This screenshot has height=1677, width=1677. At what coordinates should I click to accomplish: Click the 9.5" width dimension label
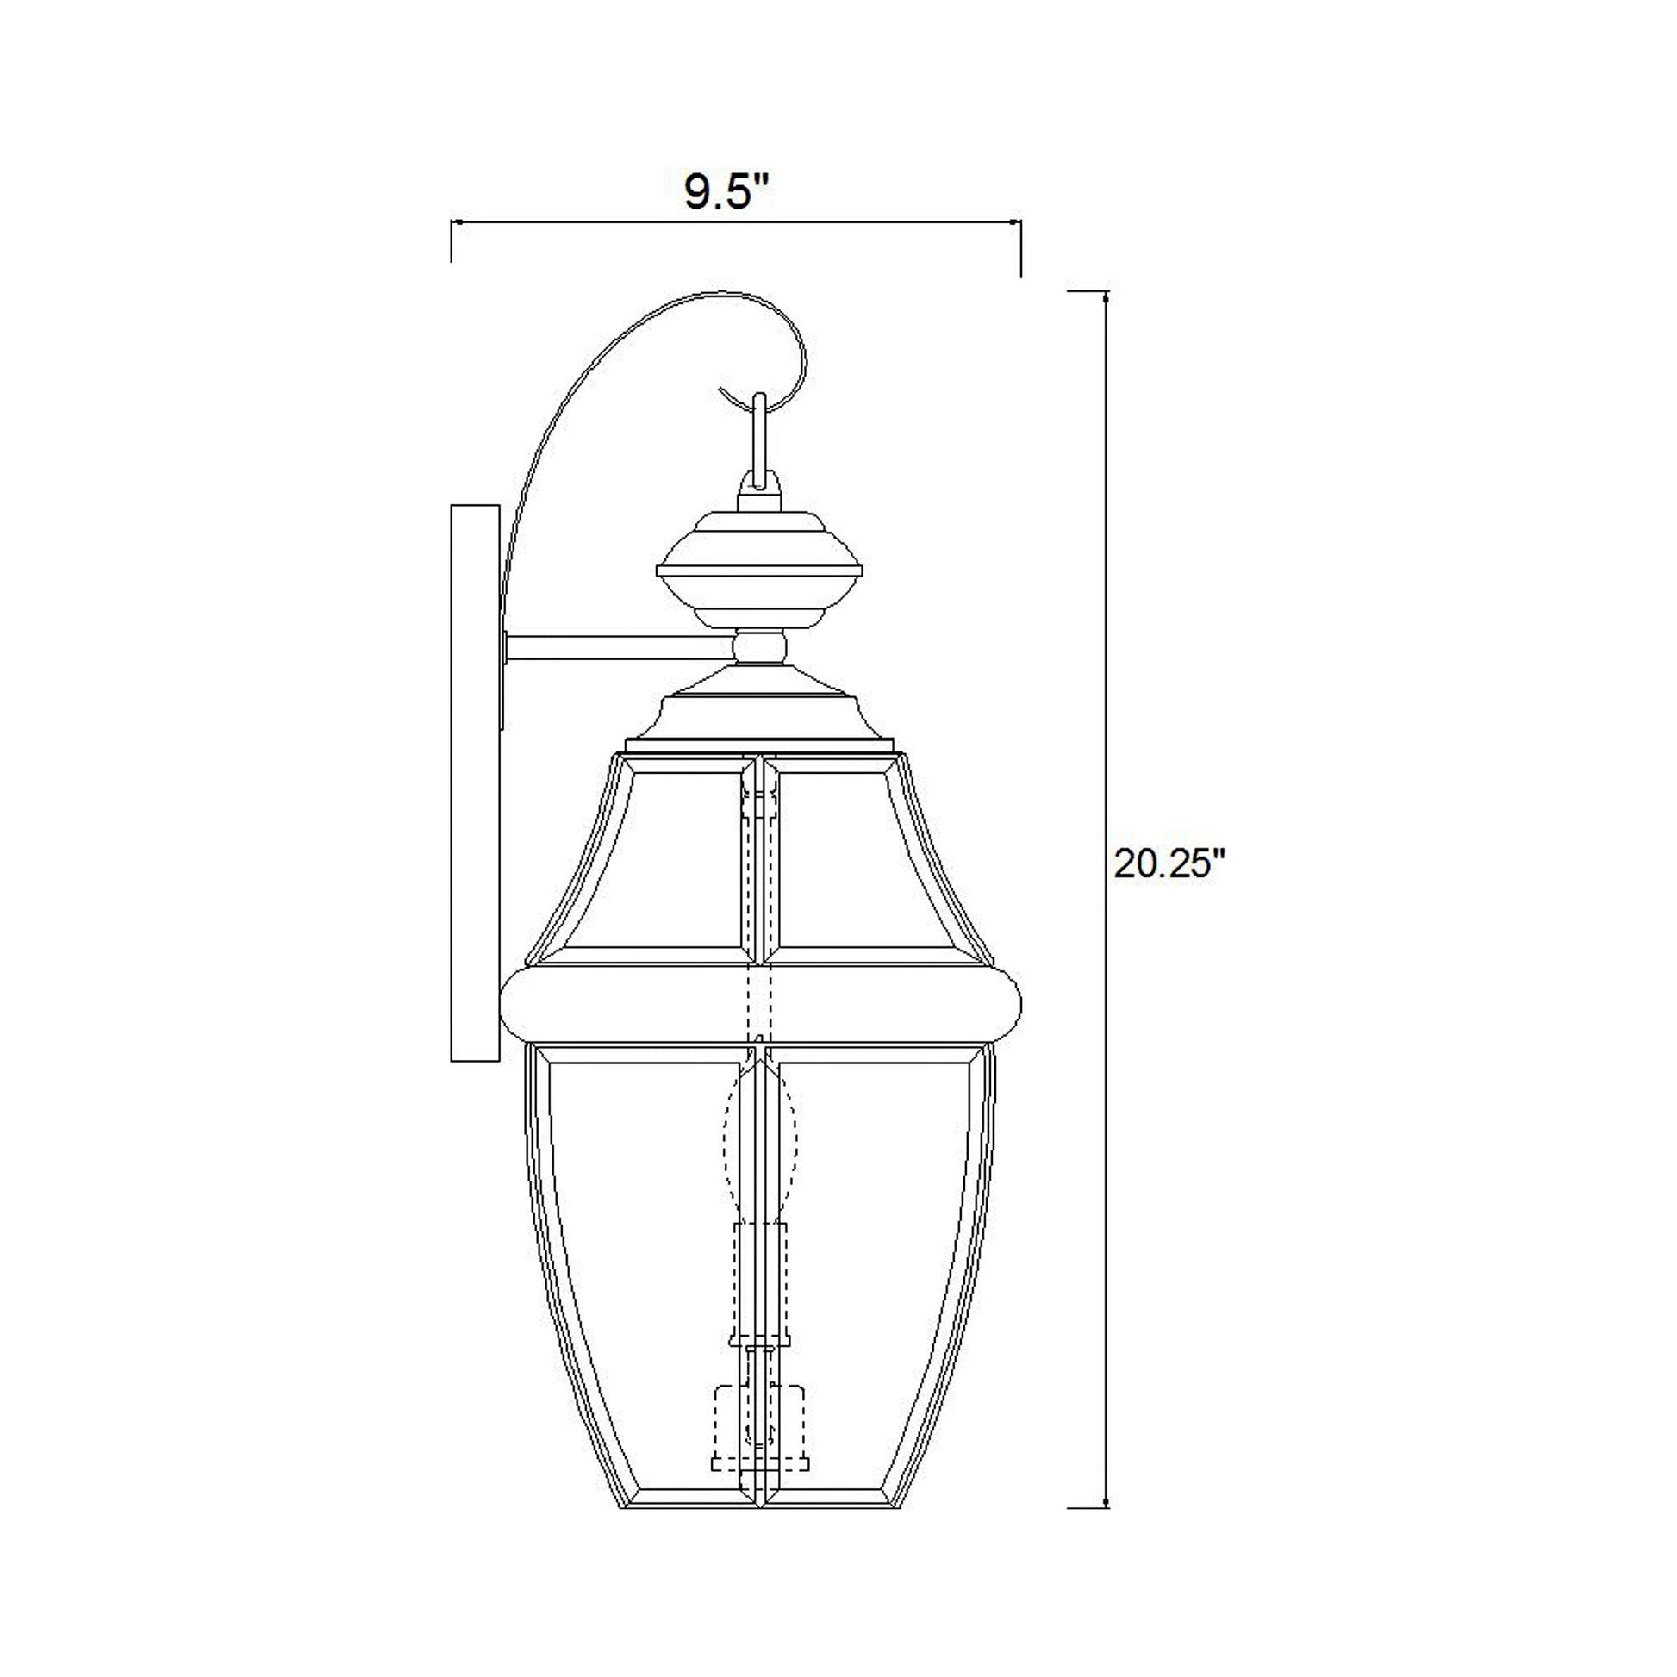coord(727,193)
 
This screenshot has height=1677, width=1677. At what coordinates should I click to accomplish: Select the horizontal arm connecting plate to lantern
coord(618,645)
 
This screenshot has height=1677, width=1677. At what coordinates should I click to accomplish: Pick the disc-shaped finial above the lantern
coord(759,569)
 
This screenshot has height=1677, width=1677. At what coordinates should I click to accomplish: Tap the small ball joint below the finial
coord(759,646)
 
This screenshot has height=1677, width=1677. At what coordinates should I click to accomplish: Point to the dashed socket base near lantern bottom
coord(758,1432)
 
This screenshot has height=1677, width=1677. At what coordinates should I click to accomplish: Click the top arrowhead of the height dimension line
coord(1105,297)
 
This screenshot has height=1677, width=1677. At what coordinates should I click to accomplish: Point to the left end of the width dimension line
coord(452,224)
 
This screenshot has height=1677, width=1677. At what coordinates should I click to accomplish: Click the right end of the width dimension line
coord(1020,224)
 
